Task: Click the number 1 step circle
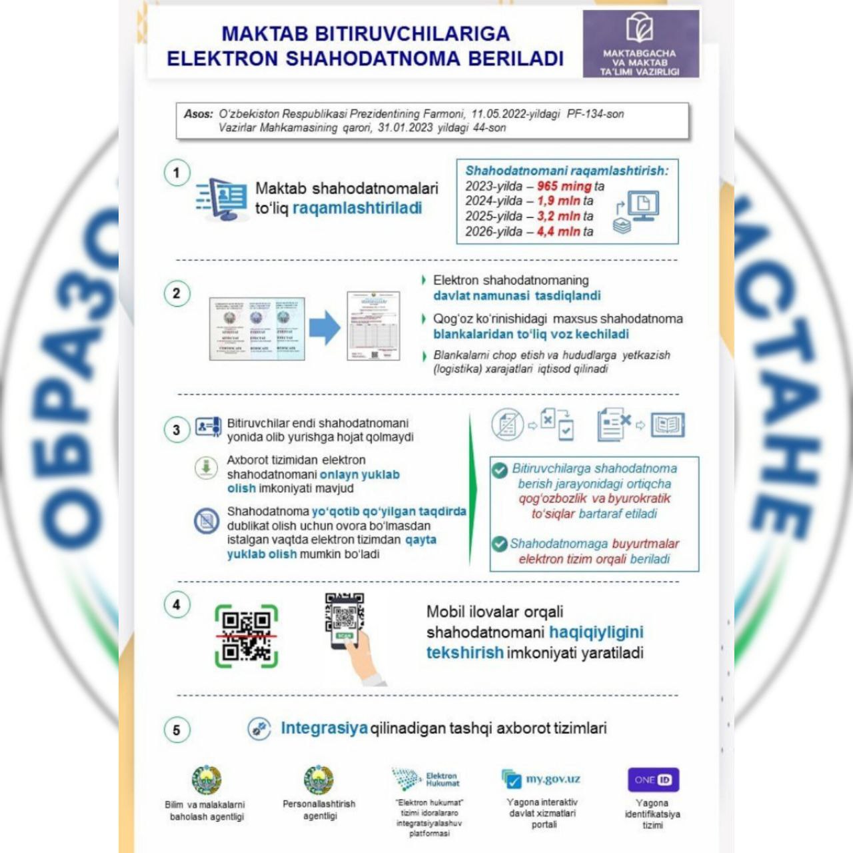point(177,173)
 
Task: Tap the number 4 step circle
point(177,605)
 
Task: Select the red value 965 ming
point(564,187)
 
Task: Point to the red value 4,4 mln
point(558,232)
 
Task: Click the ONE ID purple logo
point(653,780)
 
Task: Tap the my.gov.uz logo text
point(552,779)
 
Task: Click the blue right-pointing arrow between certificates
point(325,327)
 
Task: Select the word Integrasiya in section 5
point(324,728)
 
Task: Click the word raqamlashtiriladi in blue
point(357,209)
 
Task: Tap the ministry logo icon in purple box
point(640,28)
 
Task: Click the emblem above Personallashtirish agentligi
point(319,780)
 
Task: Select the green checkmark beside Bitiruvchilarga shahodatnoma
point(499,470)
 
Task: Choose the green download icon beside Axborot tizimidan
point(206,468)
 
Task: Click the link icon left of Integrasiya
point(259,728)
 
